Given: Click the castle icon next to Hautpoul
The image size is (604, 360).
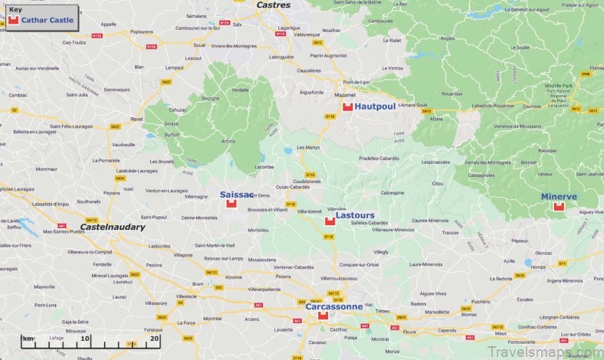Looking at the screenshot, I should coord(347,106).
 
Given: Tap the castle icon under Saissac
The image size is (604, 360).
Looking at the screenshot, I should coord(231,204).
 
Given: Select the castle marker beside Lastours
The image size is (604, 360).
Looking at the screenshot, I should coord(330,221).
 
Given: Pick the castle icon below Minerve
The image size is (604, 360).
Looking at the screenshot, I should coord(559,206).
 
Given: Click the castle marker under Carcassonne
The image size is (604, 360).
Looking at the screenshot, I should coord(323,316).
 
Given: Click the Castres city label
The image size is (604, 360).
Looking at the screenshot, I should coord(274,5).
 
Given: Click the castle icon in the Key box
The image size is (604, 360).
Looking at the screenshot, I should coord(13,20).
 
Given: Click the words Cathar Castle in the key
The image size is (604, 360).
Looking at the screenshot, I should coord(48,20).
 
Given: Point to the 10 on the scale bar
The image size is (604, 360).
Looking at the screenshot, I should coord(84,338).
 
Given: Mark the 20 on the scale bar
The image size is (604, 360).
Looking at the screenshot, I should coord(154,338).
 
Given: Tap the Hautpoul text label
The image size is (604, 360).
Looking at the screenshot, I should coord(375,106).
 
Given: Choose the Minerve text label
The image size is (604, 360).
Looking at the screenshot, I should coord(559,197).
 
